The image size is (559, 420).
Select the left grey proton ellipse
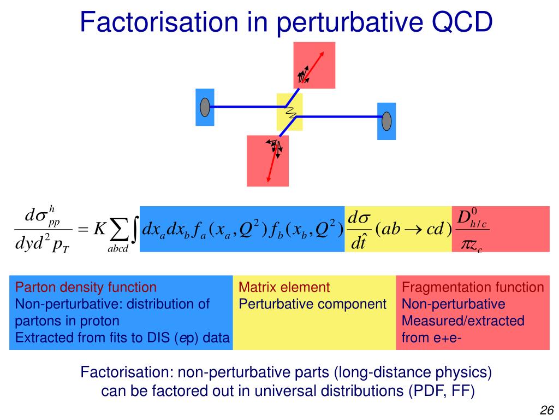[x=205, y=107]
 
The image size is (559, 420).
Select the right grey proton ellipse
[x=386, y=121]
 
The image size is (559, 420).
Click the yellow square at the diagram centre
[x=289, y=112]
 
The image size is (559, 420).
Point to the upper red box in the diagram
[x=314, y=65]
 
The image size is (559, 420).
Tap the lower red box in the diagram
[x=267, y=161]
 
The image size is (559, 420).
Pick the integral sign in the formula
[x=134, y=230]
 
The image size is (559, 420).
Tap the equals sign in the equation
[x=83, y=230]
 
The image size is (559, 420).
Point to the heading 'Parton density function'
[x=86, y=287]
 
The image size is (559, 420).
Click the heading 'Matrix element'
[x=284, y=287]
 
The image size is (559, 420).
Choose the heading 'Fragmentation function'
[x=473, y=287]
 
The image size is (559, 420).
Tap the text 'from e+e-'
[x=431, y=337]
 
